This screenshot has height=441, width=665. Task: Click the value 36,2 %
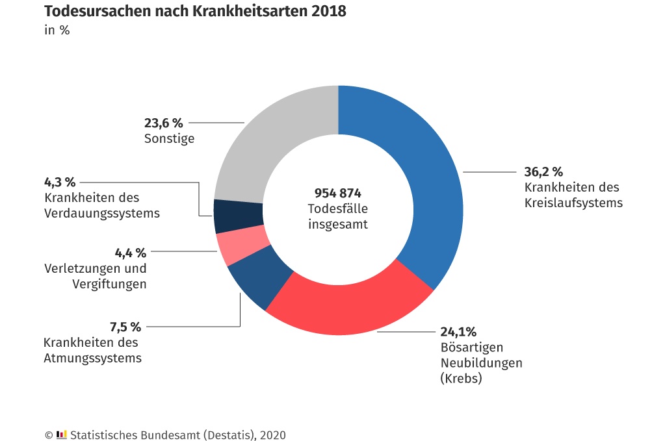click(543, 172)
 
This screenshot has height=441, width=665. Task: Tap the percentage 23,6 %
click(164, 123)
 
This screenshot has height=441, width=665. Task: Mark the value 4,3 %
click(60, 182)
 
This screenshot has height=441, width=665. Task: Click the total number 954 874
click(338, 194)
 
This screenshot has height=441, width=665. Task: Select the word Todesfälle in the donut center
click(338, 209)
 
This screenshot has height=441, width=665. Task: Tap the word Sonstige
click(169, 139)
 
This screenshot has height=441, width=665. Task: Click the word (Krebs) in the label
click(462, 378)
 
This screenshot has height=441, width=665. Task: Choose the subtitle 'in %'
click(57, 30)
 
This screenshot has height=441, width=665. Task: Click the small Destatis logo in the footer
click(62, 435)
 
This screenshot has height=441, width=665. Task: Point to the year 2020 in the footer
click(272, 435)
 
